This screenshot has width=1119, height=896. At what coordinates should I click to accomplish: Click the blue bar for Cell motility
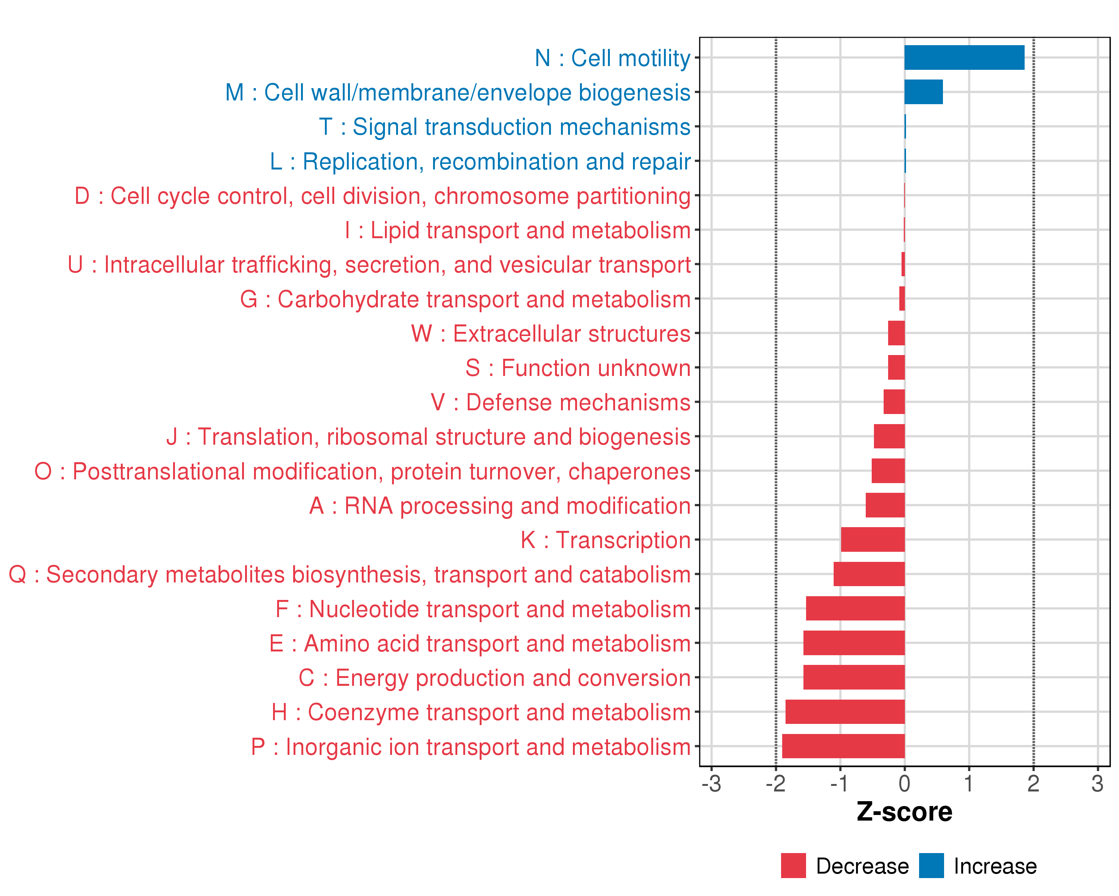coord(964,57)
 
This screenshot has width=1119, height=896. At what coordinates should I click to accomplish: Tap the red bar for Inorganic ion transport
coord(843,746)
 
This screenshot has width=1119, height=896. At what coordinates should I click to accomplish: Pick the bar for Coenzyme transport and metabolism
coord(844,712)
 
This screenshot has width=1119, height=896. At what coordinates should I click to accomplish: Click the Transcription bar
coord(872,540)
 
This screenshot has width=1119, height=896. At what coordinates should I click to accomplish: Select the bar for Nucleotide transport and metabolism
coord(855,608)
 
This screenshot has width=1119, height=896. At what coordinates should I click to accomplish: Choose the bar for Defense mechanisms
coord(894,402)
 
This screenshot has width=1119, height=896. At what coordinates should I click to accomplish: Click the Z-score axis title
coord(904,812)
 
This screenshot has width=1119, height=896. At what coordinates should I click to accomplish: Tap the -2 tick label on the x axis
coord(775,784)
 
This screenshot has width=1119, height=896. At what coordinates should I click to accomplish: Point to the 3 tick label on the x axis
coord(1097,784)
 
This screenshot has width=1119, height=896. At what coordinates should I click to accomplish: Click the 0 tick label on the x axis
coord(904,784)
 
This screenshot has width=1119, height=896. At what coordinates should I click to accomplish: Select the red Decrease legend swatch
coord(793,866)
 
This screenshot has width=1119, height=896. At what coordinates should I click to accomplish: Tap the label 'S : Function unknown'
coord(578,368)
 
